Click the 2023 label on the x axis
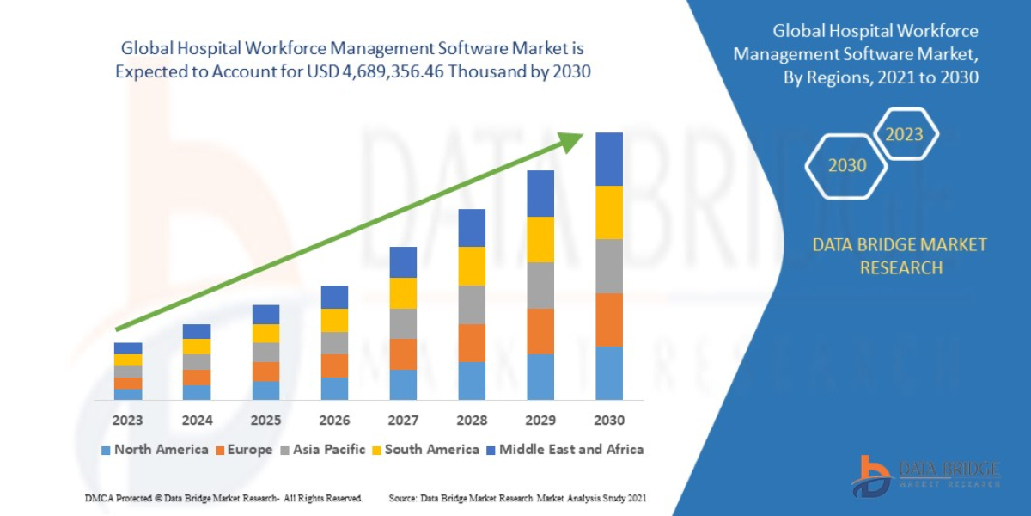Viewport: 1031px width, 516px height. pyautogui.click(x=128, y=421)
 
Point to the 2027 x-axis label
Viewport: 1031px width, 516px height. pyautogui.click(x=403, y=421)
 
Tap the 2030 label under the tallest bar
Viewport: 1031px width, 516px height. pyautogui.click(x=608, y=421)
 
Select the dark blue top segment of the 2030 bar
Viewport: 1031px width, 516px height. pyautogui.click(x=609, y=159)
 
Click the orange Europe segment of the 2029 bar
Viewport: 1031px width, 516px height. pyautogui.click(x=540, y=331)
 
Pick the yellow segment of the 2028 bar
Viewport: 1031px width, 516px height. pyautogui.click(x=472, y=266)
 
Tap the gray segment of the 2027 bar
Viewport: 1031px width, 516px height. pyautogui.click(x=403, y=323)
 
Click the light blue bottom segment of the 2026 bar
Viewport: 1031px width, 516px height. pyautogui.click(x=334, y=389)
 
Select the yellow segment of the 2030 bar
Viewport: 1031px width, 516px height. pyautogui.click(x=609, y=212)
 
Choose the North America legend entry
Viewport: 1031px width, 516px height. pyautogui.click(x=155, y=450)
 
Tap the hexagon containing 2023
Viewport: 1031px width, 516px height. pyautogui.click(x=904, y=134)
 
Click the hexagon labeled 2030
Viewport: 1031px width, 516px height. pyautogui.click(x=846, y=165)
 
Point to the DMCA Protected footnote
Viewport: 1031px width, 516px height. pyautogui.click(x=223, y=498)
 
